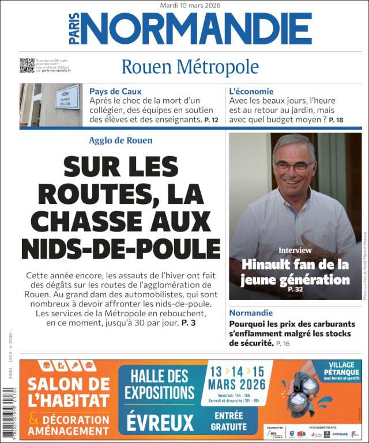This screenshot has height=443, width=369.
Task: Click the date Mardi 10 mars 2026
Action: point(190,5)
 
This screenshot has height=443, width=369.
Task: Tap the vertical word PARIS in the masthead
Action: point(74,28)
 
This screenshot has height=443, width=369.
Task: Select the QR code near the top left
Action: point(27,65)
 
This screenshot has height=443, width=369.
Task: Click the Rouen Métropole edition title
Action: point(190,67)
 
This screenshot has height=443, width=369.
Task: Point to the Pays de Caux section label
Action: point(115,91)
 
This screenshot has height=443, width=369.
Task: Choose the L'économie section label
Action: point(251,91)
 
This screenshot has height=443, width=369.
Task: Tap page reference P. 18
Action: point(336,120)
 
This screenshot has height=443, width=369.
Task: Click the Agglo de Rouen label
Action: point(121,140)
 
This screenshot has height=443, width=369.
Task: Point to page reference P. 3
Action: point(189,323)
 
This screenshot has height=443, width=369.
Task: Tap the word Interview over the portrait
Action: point(295,250)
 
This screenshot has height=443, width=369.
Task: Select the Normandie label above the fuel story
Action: point(251,313)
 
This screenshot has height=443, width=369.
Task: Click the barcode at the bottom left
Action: point(7,414)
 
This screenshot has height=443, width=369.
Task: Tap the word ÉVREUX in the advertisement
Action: point(160,422)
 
